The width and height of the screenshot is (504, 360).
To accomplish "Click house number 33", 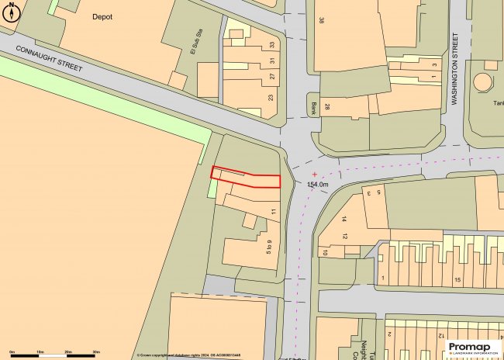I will [272, 45].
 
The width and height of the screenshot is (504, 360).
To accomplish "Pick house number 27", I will [272, 77].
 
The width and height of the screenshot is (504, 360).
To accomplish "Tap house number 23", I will [271, 98].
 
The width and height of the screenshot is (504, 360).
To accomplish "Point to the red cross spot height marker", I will [313, 174].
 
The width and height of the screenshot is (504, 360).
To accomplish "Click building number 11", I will [273, 211].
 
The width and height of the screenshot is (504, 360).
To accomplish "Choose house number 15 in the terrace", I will [457, 279].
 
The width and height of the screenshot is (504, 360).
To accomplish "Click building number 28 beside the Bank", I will [328, 106].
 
